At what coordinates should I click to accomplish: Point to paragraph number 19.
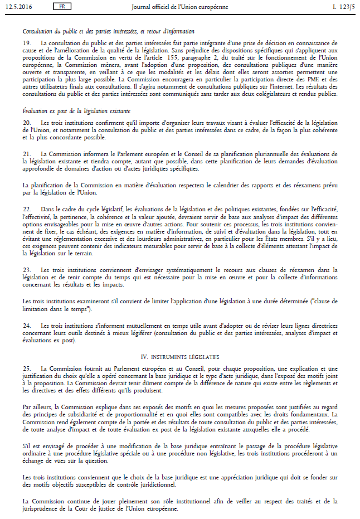(x=26, y=43)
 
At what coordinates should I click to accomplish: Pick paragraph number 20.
(x=26, y=122)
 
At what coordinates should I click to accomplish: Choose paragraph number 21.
(x=26, y=153)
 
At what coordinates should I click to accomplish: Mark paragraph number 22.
(x=26, y=208)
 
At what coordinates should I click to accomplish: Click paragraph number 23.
(x=26, y=270)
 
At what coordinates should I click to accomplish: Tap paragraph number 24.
(x=26, y=325)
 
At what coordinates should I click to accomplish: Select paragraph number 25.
(x=26, y=369)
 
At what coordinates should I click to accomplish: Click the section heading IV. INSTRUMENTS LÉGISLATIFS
(x=179, y=356)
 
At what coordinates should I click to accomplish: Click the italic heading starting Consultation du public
(x=108, y=32)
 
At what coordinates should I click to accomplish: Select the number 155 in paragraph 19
(x=201, y=58)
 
